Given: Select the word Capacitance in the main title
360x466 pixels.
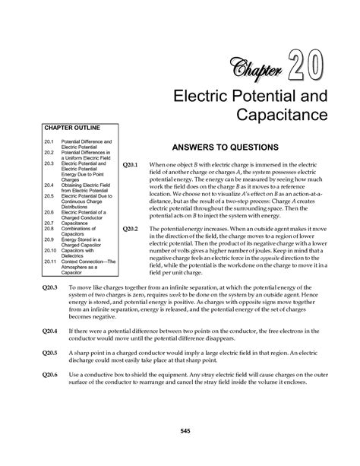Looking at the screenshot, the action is (x=283, y=114).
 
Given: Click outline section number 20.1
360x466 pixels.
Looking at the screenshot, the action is (x=49, y=142).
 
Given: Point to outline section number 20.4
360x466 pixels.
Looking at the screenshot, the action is (x=49, y=184).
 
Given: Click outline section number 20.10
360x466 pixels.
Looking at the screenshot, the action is (x=50, y=249).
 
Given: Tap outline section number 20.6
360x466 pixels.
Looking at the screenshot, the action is (x=49, y=213).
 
